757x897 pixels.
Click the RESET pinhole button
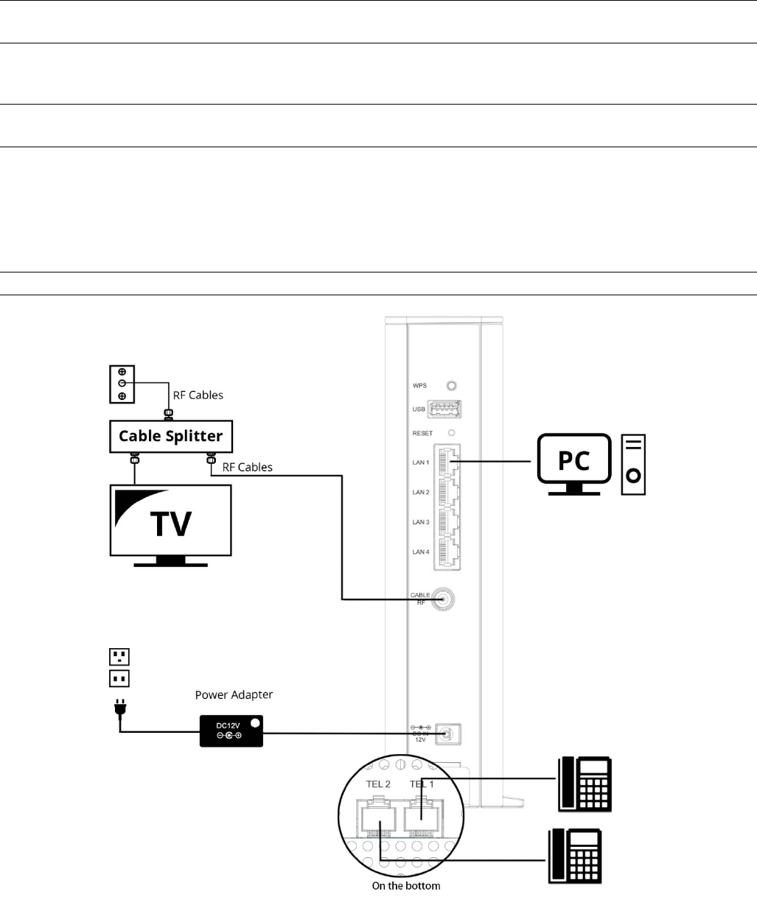point(452,433)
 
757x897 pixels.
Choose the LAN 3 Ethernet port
point(448,521)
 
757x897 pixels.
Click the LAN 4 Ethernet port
point(448,552)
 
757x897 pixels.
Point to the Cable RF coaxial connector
point(443,599)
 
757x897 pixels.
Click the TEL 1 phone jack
point(422,815)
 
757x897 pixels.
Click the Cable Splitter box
point(171,436)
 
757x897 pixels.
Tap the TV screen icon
point(170,519)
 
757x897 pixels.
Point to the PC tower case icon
point(633,465)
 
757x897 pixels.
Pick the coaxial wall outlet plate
point(121,384)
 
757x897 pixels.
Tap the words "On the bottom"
point(405,886)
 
